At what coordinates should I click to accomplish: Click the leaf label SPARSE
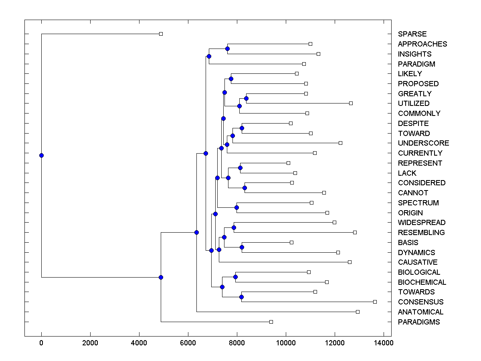point(412,34)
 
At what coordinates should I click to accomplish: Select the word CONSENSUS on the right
point(420,302)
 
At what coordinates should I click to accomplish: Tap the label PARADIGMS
point(418,322)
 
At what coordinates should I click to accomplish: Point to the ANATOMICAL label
point(420,312)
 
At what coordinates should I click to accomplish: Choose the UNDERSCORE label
point(423,143)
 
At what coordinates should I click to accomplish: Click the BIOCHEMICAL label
point(422,282)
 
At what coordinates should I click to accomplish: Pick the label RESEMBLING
point(421,233)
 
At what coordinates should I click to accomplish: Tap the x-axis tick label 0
point(41,343)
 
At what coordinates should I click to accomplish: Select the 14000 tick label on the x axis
point(384,343)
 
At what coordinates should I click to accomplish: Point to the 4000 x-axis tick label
point(139,343)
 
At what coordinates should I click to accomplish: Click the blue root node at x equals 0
point(41,155)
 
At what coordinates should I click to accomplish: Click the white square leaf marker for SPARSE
point(161,34)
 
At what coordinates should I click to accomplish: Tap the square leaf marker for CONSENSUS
point(375,302)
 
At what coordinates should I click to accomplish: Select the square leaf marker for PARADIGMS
point(271,322)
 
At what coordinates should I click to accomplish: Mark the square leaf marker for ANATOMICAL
point(358,312)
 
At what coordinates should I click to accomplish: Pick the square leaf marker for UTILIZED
point(351,103)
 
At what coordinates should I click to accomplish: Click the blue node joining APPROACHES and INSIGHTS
point(227,49)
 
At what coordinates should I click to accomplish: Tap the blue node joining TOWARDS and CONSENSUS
point(241,297)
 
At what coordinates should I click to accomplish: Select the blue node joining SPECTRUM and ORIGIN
point(236,207)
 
